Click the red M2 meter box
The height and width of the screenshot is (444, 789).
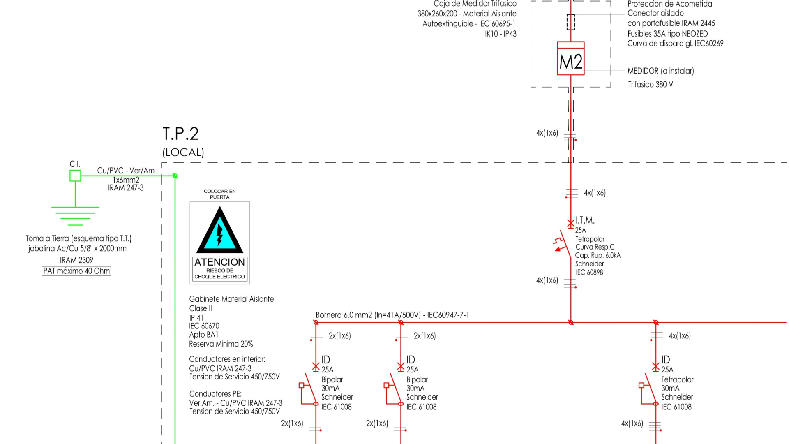coord(570,58)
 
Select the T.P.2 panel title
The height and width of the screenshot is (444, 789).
coord(180,134)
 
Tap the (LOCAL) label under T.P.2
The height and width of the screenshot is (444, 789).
coord(183,153)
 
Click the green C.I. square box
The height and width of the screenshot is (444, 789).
coord(75,176)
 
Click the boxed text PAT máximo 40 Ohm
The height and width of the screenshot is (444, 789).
coord(76,271)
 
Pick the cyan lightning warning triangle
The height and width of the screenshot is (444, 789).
coord(219,232)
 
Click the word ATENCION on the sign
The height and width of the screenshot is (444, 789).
coord(219,262)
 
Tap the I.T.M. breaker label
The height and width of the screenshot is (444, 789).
coord(585,221)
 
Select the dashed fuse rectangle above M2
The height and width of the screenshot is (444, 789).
coord(570,22)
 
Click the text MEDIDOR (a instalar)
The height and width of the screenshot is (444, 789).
coord(660,71)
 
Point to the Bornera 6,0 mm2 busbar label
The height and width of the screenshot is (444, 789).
coord(392,315)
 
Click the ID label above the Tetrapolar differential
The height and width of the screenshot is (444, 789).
coord(666,360)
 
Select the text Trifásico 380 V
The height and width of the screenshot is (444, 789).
coord(650,85)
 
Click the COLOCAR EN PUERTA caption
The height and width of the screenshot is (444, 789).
coord(219,194)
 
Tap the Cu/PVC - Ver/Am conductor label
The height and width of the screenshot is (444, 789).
coord(126,171)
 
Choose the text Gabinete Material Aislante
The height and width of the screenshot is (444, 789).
coord(231,299)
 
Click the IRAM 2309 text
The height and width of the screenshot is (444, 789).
coord(76,260)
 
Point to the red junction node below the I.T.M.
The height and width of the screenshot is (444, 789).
coord(571,323)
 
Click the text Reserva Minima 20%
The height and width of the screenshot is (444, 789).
coord(221,344)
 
